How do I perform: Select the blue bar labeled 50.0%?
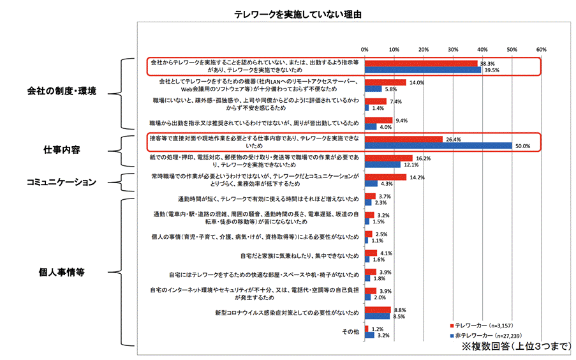(x=438, y=146)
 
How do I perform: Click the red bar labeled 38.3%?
(x=421, y=64)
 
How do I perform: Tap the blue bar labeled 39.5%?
(x=423, y=70)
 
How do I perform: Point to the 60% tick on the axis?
(x=541, y=49)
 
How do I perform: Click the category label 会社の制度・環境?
(x=61, y=91)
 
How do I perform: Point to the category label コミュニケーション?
(x=61, y=182)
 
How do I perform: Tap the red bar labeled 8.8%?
(x=378, y=310)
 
